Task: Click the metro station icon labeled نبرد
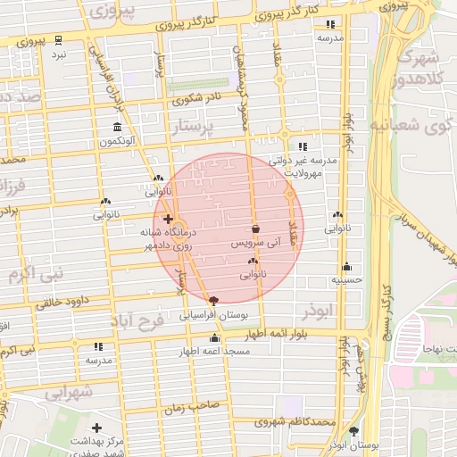(58, 40)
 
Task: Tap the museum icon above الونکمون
(117, 127)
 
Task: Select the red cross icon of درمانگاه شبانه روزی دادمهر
(168, 218)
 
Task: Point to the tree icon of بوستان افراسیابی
(212, 301)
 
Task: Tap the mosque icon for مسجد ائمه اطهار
(214, 337)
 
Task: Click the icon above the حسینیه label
(346, 266)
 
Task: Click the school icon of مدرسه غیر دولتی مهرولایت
(303, 146)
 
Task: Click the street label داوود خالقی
(68, 301)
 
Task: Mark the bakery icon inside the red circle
(252, 261)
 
